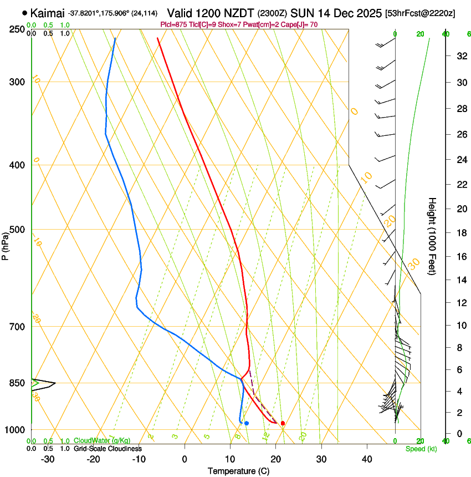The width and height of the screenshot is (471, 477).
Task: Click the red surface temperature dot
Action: point(283,423)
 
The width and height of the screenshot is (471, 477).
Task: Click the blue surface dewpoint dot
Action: point(247,423)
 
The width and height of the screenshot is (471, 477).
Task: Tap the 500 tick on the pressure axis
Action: point(17,230)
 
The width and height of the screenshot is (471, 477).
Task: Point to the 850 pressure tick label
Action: point(17,383)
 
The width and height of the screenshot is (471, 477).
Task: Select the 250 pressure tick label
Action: point(17,29)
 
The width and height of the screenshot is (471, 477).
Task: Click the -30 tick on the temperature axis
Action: point(48,459)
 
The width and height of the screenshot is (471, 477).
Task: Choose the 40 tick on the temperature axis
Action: point(366,459)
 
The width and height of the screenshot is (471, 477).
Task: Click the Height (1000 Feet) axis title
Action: point(432,236)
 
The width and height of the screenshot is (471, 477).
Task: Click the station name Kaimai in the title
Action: point(48,12)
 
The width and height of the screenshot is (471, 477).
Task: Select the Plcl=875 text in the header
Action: point(173,24)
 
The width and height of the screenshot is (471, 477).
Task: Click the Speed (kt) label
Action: point(421,449)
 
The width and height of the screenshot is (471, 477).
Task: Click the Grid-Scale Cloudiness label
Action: point(107,448)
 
